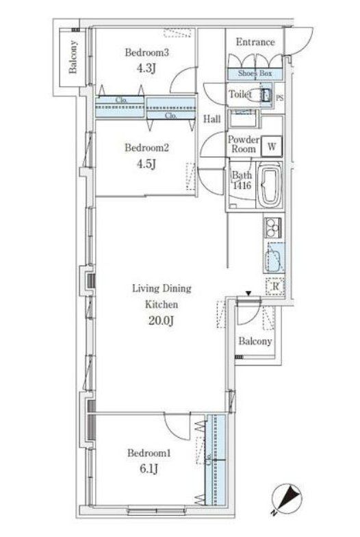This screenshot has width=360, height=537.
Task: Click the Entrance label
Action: (255, 42)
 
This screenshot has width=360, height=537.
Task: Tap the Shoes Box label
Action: (255, 73)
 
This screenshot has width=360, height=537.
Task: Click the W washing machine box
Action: (272, 146)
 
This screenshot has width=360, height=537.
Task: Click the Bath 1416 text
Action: (241, 180)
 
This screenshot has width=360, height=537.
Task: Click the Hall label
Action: (212, 119)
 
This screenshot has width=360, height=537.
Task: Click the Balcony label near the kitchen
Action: (255, 341)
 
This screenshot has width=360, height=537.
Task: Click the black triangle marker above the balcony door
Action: (249, 295)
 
